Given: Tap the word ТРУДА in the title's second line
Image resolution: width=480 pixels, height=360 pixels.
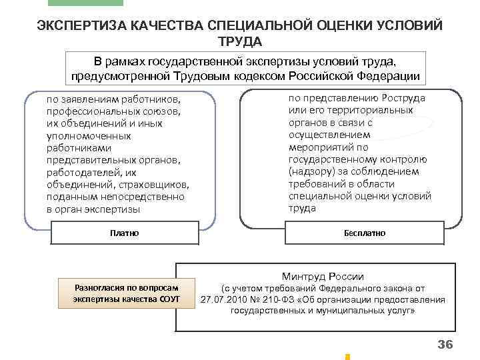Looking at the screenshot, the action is click(239, 41).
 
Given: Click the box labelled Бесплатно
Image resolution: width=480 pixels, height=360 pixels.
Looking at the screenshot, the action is click(364, 233).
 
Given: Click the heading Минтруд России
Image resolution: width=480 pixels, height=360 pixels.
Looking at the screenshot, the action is click(323, 276).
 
